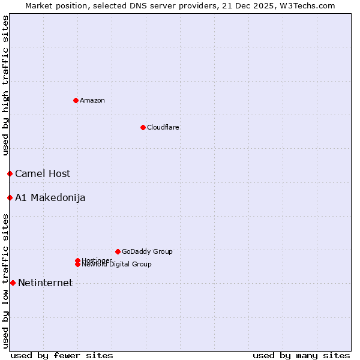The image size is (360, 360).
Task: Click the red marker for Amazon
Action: pos(76,100)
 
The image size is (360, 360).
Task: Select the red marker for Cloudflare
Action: pos(143,127)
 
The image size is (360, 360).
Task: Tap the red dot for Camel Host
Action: pos(10,173)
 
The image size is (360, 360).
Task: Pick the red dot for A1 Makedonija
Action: pos(10,197)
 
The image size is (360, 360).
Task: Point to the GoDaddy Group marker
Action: pos(118,251)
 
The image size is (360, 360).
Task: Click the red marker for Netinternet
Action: pos(13,283)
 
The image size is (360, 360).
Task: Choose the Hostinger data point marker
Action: pos(77,260)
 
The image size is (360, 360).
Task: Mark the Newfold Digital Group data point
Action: pos(77,264)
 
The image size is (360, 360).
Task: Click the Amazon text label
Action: pos(92,100)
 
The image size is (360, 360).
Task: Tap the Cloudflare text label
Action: pos(163,127)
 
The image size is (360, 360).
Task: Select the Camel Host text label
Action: pos(43,174)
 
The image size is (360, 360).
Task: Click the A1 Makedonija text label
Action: pos(50,198)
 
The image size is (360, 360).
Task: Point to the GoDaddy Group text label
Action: pos(147,251)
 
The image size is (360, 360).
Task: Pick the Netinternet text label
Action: pos(46,283)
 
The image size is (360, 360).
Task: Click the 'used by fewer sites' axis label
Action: pos(62,355)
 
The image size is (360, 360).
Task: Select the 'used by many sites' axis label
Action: pos(301,355)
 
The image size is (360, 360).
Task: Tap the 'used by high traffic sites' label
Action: pos(5,85)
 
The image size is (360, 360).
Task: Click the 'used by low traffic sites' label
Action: pos(5,281)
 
